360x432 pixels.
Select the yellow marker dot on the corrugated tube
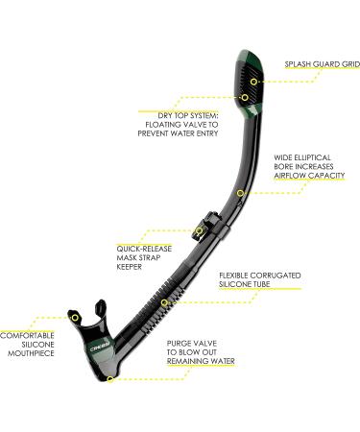[x=164, y=303]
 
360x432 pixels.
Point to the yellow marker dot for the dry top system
[x=245, y=97]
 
